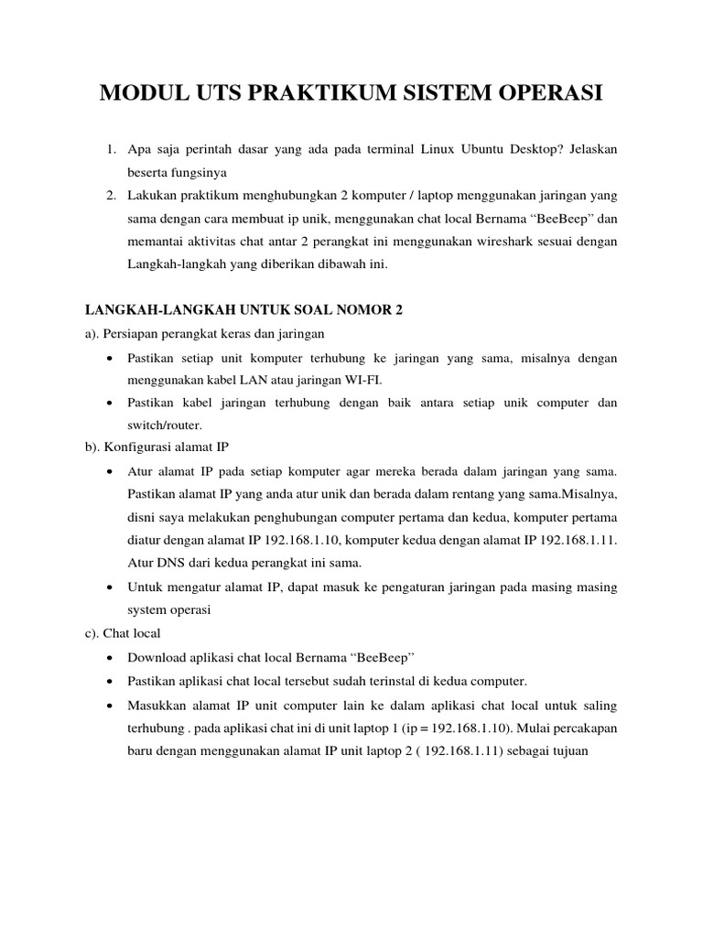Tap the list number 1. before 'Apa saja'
[x=110, y=148]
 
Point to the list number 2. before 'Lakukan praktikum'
[x=110, y=195]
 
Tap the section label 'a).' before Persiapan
[x=92, y=333]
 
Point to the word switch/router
[x=166, y=426]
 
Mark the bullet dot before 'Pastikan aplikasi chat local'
[x=110, y=681]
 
